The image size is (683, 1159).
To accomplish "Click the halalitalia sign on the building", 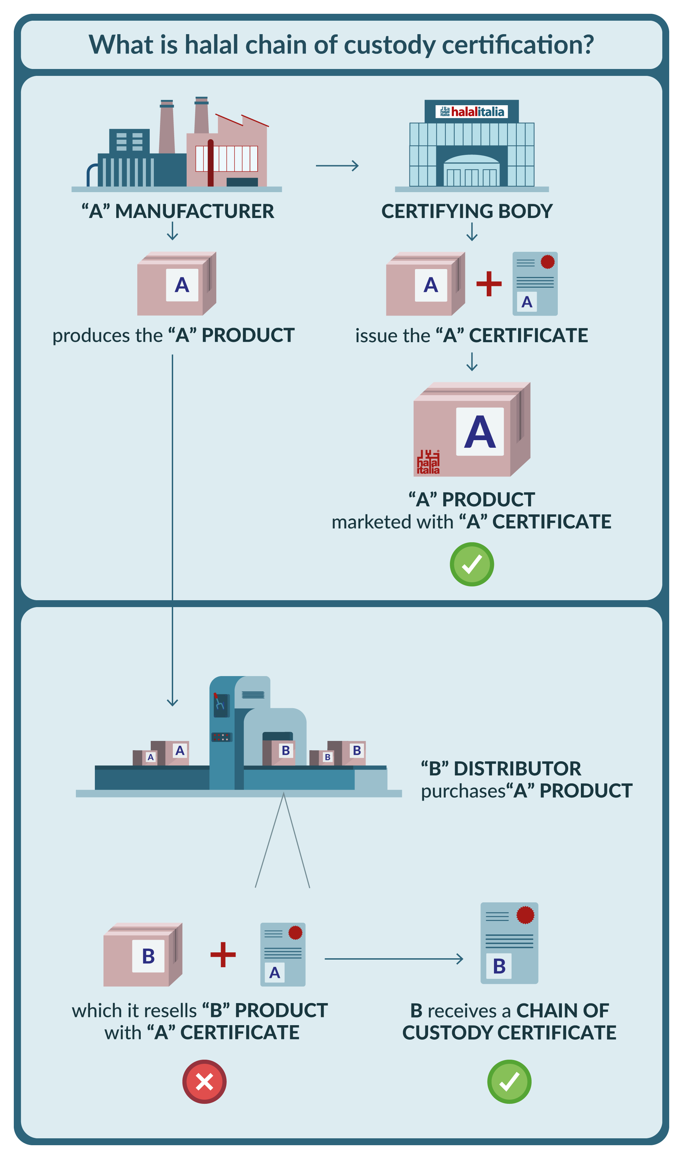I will (472, 112).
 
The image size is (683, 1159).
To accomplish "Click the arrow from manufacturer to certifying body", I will (337, 166).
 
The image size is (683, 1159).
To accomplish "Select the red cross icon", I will (204, 1082).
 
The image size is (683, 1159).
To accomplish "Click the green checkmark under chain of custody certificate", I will (509, 1082).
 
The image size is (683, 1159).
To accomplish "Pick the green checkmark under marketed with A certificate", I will (472, 564).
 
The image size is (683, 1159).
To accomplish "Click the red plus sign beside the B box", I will (223, 955).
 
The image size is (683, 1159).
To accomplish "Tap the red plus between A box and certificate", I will (489, 284).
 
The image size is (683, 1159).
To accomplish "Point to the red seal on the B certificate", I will (525, 915).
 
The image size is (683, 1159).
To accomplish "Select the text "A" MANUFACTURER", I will (178, 211).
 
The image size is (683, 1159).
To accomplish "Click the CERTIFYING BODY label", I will (467, 211).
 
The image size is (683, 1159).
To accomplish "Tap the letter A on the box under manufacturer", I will (182, 285).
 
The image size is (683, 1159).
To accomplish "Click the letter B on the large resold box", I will (148, 956).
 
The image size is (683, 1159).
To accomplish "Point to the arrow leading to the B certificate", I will (394, 959).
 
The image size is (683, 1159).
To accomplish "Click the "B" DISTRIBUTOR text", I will (501, 769).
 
